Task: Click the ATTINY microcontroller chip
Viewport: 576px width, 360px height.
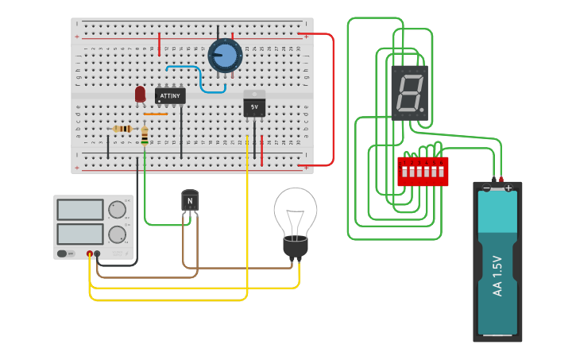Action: [x=170, y=96]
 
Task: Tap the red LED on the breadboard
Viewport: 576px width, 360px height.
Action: [x=141, y=94]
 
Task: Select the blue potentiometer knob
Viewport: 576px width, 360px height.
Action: [x=225, y=56]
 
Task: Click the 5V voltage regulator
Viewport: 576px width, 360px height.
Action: [x=254, y=105]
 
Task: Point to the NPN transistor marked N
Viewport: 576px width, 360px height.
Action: [x=190, y=202]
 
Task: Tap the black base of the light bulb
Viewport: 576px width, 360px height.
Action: [x=296, y=247]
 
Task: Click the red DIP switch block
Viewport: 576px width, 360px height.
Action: [x=423, y=171]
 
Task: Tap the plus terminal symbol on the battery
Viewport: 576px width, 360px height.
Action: [x=508, y=188]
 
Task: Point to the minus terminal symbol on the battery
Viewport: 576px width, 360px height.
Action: [x=486, y=188]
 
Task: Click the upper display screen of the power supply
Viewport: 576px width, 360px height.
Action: [x=80, y=210]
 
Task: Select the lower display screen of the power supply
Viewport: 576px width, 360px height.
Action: [x=80, y=234]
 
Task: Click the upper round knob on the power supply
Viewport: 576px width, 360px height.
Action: [x=117, y=210]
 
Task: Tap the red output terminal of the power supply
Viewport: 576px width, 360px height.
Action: [x=90, y=254]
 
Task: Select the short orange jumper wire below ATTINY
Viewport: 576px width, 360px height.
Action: [x=156, y=114]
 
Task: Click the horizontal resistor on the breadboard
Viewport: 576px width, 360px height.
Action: [x=122, y=129]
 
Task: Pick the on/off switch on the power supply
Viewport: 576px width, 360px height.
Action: [x=62, y=254]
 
